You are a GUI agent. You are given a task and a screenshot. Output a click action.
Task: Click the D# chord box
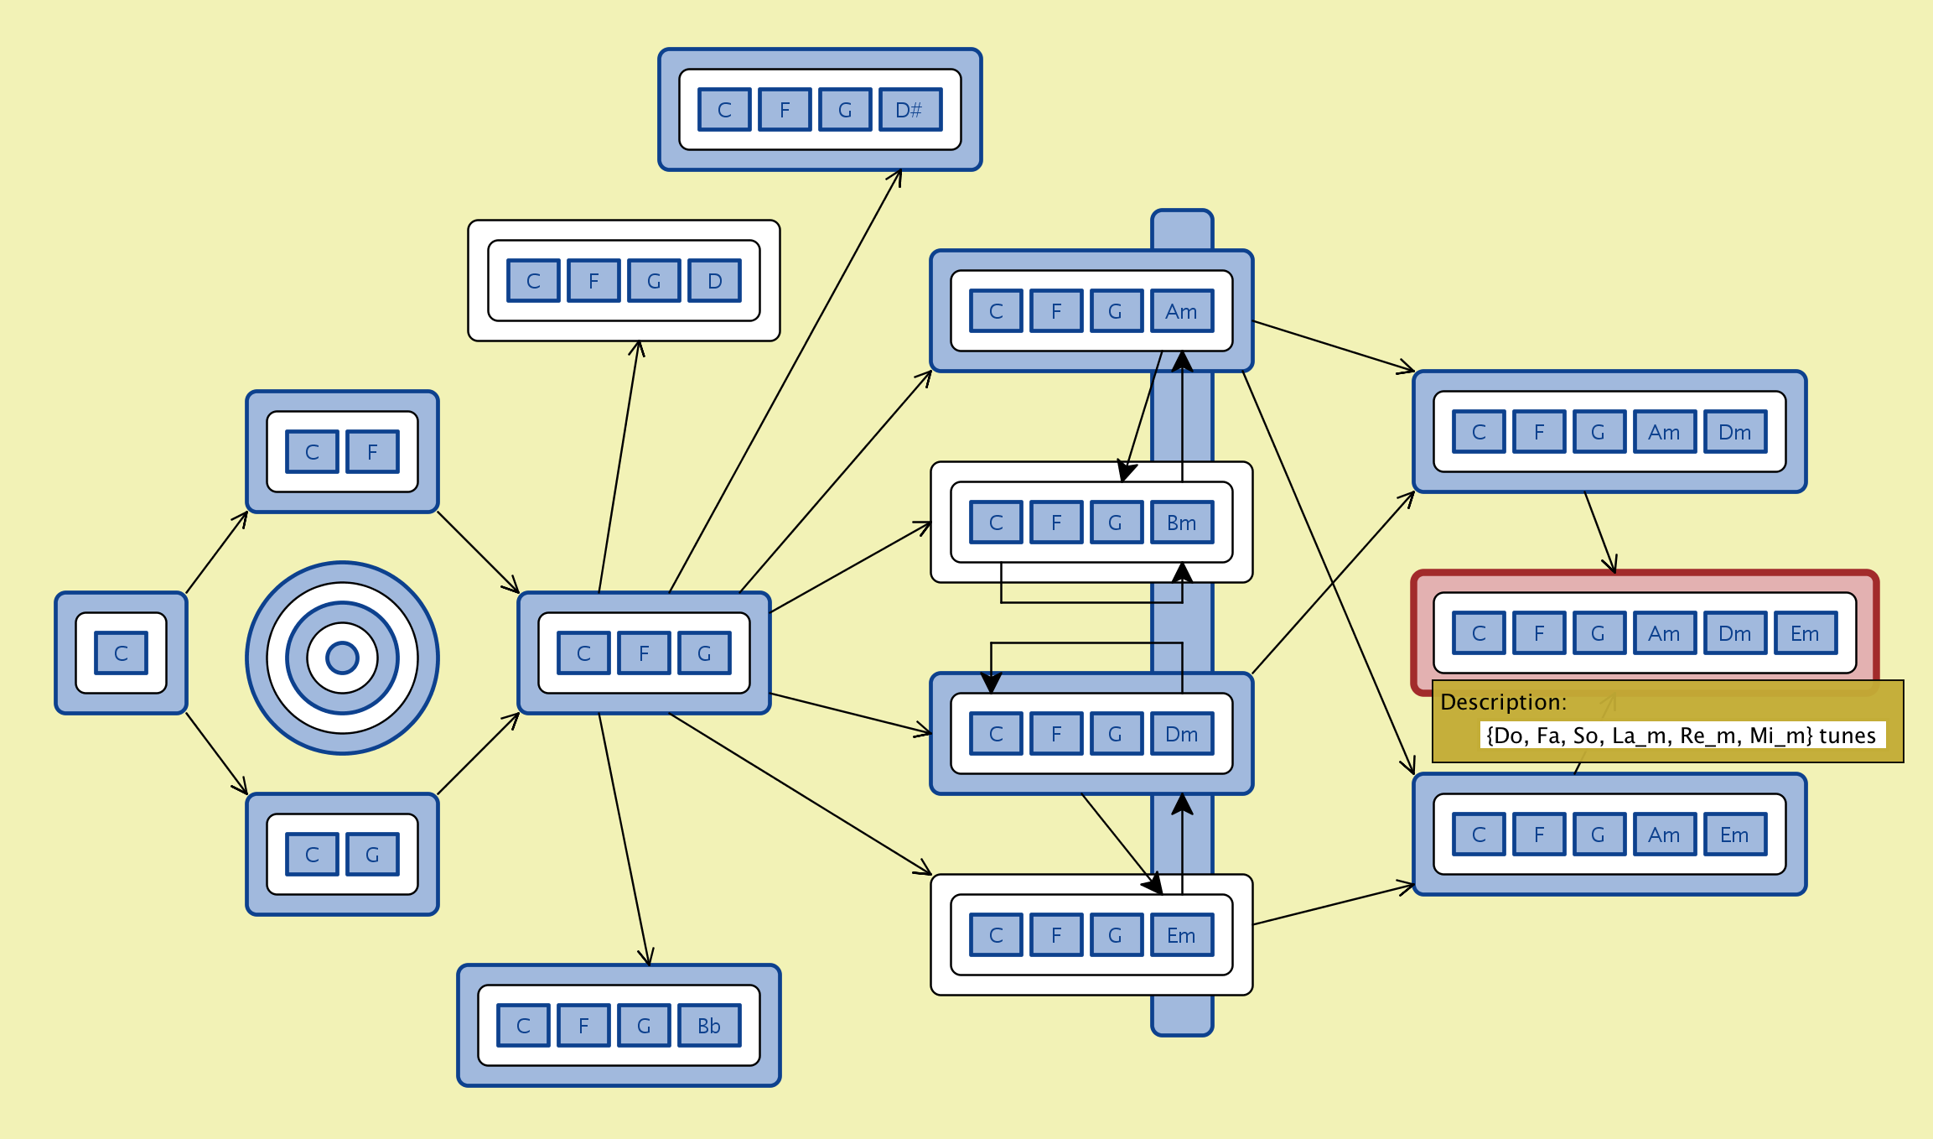point(909,110)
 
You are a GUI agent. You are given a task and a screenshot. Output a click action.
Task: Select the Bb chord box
point(708,1026)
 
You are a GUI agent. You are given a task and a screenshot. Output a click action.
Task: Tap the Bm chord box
point(1181,523)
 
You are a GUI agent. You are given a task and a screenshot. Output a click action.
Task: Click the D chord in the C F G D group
point(714,281)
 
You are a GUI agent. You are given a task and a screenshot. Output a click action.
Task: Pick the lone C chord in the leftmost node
point(121,653)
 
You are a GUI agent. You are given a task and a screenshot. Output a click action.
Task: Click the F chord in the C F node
point(372,452)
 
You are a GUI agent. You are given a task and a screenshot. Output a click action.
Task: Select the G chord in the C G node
point(372,855)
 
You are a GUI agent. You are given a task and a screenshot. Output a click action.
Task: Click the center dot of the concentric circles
point(342,658)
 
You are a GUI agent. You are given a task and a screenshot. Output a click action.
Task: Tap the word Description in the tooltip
point(1503,702)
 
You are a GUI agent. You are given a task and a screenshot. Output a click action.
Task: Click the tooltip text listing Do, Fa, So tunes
point(1681,736)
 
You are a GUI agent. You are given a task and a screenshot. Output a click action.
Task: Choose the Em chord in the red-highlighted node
point(1805,633)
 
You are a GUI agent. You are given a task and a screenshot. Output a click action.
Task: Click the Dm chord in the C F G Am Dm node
point(1734,432)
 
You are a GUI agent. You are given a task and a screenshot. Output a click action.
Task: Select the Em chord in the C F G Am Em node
point(1734,835)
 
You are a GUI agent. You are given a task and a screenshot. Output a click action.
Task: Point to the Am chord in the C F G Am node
point(1181,311)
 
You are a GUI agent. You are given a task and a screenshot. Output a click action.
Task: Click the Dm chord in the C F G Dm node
point(1181,734)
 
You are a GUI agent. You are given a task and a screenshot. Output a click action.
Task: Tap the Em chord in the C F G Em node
point(1181,935)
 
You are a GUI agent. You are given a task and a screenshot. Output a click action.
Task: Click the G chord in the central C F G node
point(704,653)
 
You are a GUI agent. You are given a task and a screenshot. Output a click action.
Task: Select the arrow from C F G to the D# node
point(785,382)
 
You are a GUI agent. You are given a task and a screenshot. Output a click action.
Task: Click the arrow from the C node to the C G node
point(216,753)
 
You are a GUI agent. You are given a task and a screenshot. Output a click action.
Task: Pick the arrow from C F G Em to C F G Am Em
point(1333,904)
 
